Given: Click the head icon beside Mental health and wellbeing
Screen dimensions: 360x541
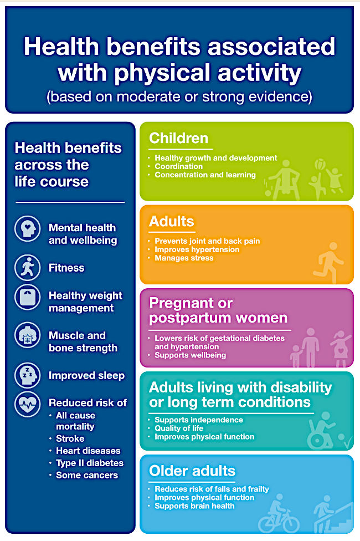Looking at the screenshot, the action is tap(28, 229).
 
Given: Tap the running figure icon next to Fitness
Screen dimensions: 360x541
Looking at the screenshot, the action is tap(28, 268).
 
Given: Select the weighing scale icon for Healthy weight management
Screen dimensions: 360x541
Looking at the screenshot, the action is tap(28, 297).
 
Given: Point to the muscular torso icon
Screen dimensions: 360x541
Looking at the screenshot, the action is tap(28, 335).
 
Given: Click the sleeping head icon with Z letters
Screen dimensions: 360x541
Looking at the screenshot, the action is tap(28, 375).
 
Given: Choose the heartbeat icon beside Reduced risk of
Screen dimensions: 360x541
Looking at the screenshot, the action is tap(28, 404).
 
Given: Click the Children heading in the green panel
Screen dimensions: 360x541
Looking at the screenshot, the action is tap(179, 138).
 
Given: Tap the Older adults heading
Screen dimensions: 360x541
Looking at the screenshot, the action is tap(192, 471).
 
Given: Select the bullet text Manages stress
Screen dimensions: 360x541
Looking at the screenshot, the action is tap(184, 258).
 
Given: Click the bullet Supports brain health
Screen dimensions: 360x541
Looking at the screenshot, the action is tap(194, 506).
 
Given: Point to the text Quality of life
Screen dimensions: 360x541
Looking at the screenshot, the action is tap(179, 428).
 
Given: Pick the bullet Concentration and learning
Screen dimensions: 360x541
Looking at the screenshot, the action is tap(205, 175).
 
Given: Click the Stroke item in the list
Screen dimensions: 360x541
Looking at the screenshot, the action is tap(70, 438).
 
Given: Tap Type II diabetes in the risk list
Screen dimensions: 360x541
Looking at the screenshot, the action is tap(90, 463).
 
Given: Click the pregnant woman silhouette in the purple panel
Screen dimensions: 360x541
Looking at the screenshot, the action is tap(341, 349).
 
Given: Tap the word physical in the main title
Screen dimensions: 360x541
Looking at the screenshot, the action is tap(163, 73).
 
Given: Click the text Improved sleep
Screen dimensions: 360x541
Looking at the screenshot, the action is tap(86, 375).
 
